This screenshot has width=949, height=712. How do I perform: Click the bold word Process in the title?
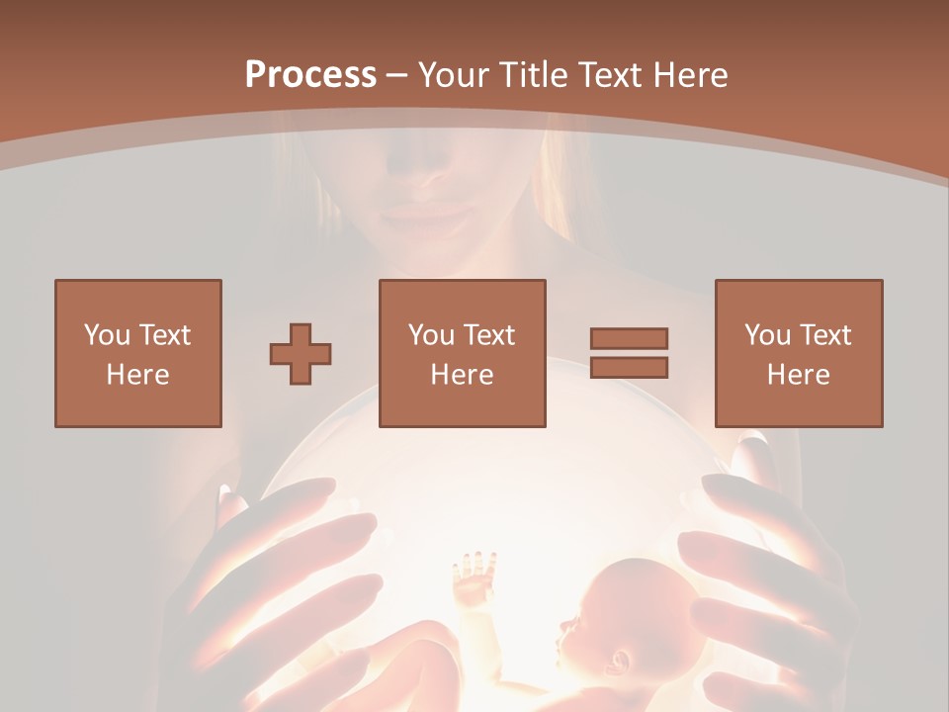point(310,75)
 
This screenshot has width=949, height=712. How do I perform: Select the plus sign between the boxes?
point(301,353)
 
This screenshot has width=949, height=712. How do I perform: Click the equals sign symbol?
point(629,353)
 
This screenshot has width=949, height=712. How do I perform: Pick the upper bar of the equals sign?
point(629,339)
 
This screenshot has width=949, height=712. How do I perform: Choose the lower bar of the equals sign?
point(629,367)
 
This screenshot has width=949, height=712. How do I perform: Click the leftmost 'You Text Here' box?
point(137,353)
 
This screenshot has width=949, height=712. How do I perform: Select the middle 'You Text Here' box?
point(462,353)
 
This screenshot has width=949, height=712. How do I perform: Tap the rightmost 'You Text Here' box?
point(798,353)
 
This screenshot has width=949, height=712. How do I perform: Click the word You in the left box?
point(107,335)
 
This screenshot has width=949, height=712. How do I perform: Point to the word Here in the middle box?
point(462,375)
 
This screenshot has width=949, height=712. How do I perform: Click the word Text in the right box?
point(824,335)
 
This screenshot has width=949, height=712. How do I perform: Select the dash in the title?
point(397,75)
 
